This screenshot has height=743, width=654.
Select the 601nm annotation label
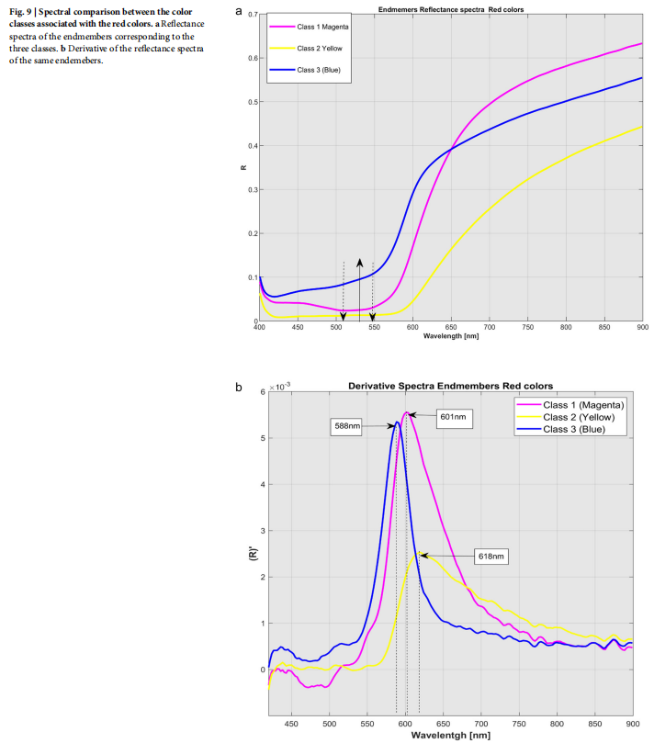click(x=453, y=416)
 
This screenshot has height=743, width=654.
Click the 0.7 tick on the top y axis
click(x=251, y=16)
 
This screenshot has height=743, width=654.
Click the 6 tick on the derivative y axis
click(x=261, y=392)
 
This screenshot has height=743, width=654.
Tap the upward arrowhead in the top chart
click(x=359, y=262)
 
